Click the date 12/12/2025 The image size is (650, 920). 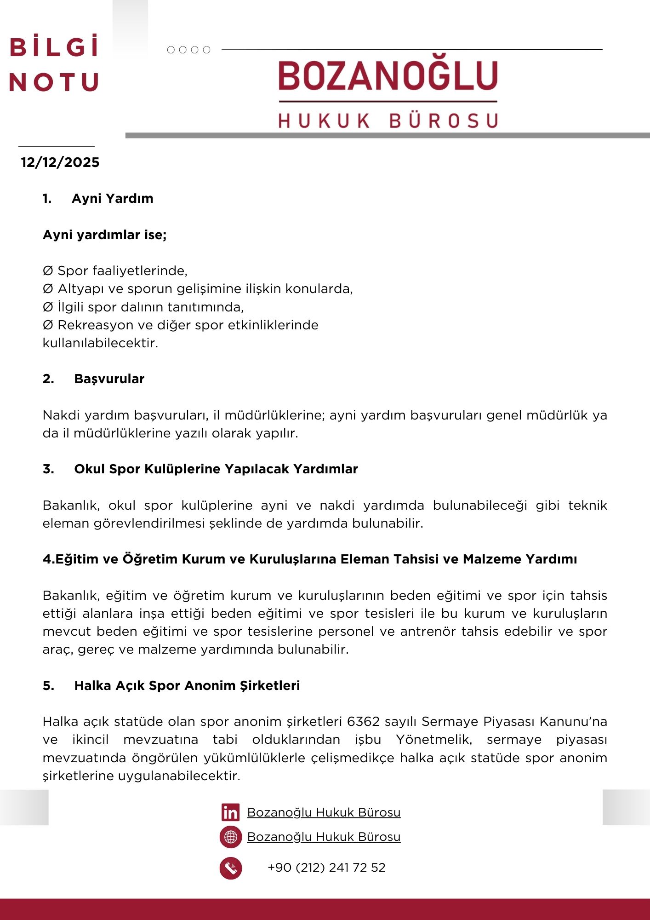[60, 162]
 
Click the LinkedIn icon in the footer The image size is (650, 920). [230, 812]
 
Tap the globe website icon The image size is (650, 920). [230, 837]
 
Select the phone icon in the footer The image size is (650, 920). [230, 868]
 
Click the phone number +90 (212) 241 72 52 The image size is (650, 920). [326, 868]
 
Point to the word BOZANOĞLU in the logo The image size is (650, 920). [388, 76]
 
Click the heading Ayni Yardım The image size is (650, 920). [112, 199]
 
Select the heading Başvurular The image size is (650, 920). [109, 379]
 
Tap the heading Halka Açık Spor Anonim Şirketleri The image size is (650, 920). [187, 686]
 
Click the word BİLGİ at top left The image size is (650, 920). [54, 47]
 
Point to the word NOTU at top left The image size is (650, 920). [54, 83]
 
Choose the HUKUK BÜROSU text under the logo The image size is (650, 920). [388, 121]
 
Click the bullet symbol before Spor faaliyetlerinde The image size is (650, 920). [48, 271]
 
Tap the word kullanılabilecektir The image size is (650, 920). [100, 343]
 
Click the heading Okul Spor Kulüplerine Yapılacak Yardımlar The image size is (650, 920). [216, 469]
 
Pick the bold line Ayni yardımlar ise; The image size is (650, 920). [104, 235]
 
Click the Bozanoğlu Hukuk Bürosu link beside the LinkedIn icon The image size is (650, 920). [324, 813]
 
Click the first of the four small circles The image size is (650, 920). [171, 50]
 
